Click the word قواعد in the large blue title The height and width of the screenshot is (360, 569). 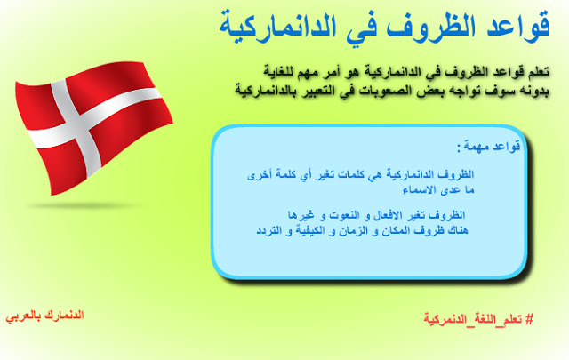click(519, 26)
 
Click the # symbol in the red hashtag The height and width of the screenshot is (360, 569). click(530, 319)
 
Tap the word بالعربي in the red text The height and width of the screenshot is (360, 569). click(23, 316)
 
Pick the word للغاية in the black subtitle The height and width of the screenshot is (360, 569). click(279, 71)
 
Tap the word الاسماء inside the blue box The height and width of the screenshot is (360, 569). click(418, 190)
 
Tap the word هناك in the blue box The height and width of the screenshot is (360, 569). click(457, 230)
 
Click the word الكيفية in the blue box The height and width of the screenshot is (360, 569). click(310, 230)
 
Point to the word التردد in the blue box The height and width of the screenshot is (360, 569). click(268, 230)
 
